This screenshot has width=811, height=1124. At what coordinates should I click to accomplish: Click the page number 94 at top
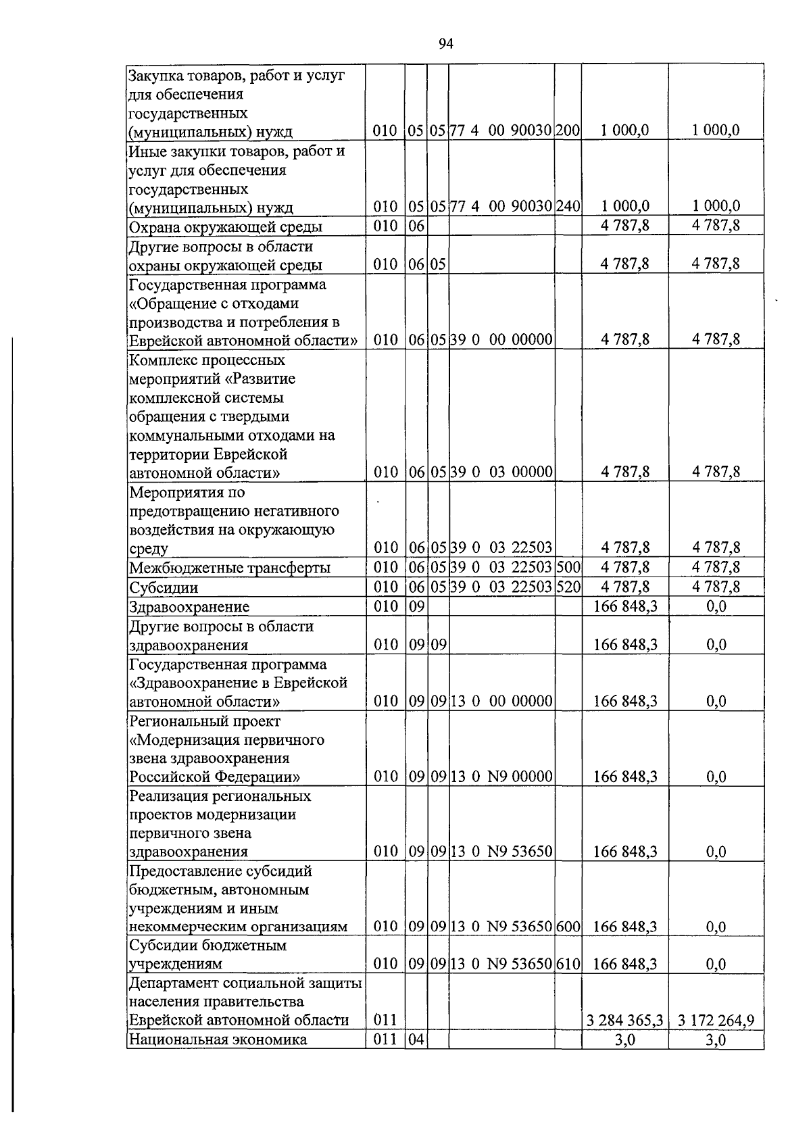tap(445, 45)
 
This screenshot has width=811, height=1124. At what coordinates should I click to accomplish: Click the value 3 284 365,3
tap(624, 1021)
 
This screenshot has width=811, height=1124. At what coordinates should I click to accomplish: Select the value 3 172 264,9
tap(716, 1021)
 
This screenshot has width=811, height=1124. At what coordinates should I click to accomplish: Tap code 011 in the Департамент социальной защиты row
tap(385, 1021)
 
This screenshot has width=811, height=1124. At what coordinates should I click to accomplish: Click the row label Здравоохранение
tap(189, 607)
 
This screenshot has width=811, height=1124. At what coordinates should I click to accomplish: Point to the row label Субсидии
tap(164, 587)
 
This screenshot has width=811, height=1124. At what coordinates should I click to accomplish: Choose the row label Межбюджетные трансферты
tap(230, 568)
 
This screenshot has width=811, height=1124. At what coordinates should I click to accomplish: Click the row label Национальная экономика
tap(218, 1040)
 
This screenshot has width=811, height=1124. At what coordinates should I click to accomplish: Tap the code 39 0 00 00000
tap(501, 339)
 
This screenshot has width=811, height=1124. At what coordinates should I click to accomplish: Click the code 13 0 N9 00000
tap(501, 777)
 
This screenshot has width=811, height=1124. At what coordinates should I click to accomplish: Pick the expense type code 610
tap(568, 964)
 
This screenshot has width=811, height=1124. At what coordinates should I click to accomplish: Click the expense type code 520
tap(568, 587)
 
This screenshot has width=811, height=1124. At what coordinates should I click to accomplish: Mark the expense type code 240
tap(568, 206)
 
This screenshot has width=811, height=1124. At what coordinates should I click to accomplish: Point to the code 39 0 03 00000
tap(501, 472)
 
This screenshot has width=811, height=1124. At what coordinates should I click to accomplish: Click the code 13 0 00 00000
tap(501, 702)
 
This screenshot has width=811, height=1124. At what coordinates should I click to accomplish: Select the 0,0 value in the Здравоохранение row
tap(716, 607)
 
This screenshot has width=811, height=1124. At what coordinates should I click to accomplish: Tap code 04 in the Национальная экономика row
tap(416, 1040)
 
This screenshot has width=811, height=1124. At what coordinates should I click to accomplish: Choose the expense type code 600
tap(568, 927)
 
